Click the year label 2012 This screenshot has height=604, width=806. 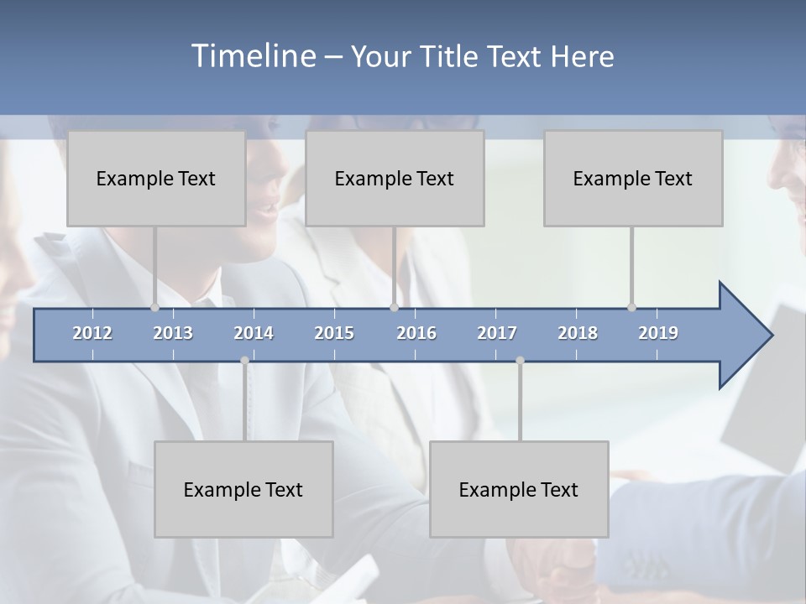(x=92, y=333)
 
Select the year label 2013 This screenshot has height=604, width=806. (x=173, y=333)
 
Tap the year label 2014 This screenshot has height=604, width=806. (x=254, y=333)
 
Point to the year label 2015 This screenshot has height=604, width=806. (x=334, y=333)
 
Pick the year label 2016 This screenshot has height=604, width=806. (x=416, y=333)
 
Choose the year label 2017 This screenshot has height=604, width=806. (x=497, y=333)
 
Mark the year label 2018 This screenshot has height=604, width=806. (x=578, y=333)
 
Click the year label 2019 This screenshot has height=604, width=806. (x=658, y=333)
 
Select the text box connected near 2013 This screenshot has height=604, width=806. (x=156, y=178)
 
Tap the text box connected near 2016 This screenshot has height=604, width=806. (x=395, y=178)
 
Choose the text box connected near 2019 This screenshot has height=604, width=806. (x=633, y=178)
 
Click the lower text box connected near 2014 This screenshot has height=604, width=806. (x=243, y=489)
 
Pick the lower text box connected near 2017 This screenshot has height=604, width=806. (x=519, y=489)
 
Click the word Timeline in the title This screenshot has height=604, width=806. (x=252, y=56)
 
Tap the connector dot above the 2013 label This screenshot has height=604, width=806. (x=154, y=308)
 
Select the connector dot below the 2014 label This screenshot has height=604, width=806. (x=244, y=361)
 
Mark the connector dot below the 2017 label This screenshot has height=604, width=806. (x=520, y=361)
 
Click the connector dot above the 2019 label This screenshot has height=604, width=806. (x=631, y=308)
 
